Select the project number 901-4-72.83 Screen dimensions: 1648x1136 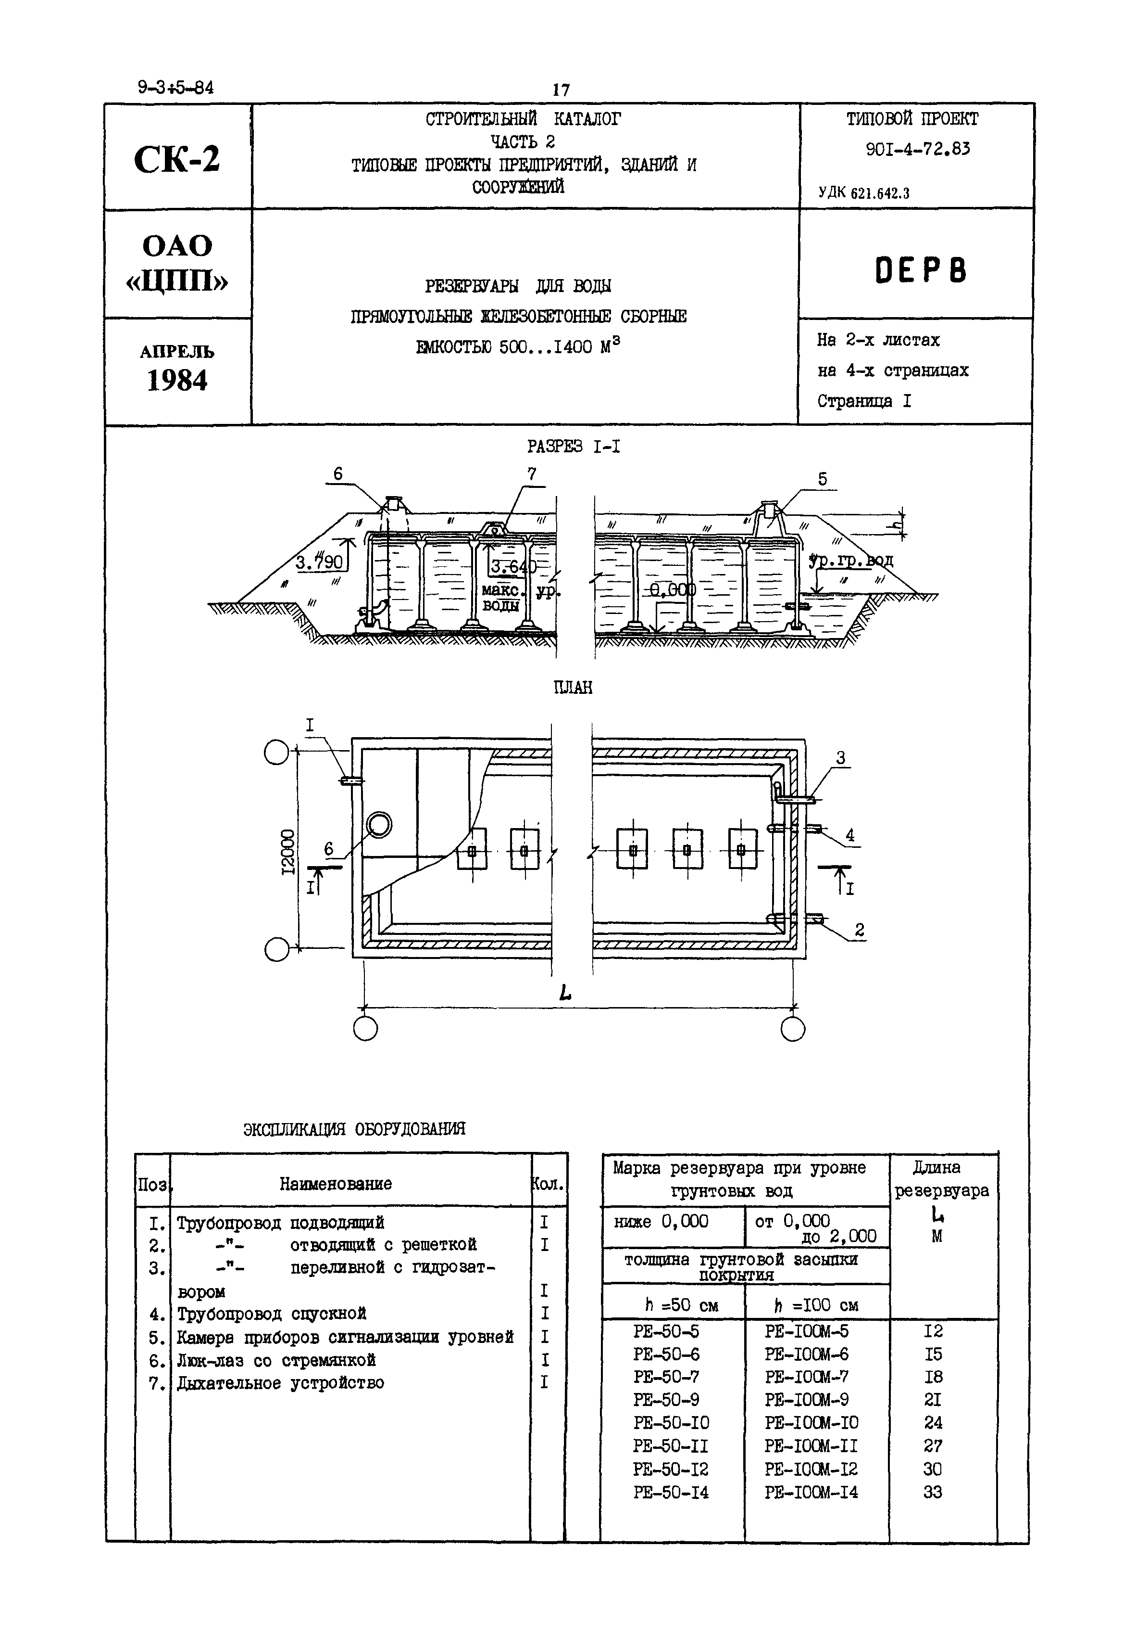[x=917, y=149]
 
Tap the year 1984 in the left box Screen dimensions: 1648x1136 [x=177, y=381]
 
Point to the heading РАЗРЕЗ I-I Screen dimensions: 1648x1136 [x=573, y=447]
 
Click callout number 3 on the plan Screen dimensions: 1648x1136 [x=841, y=758]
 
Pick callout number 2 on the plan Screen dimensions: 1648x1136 [x=859, y=930]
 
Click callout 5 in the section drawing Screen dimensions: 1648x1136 [x=823, y=479]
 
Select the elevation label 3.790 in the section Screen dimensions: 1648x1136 [x=320, y=562]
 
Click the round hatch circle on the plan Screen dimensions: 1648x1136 [x=379, y=825]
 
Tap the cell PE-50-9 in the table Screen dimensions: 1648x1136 [x=666, y=1399]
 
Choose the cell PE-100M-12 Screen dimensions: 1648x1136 [x=811, y=1469]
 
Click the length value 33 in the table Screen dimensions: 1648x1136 [x=933, y=1491]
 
